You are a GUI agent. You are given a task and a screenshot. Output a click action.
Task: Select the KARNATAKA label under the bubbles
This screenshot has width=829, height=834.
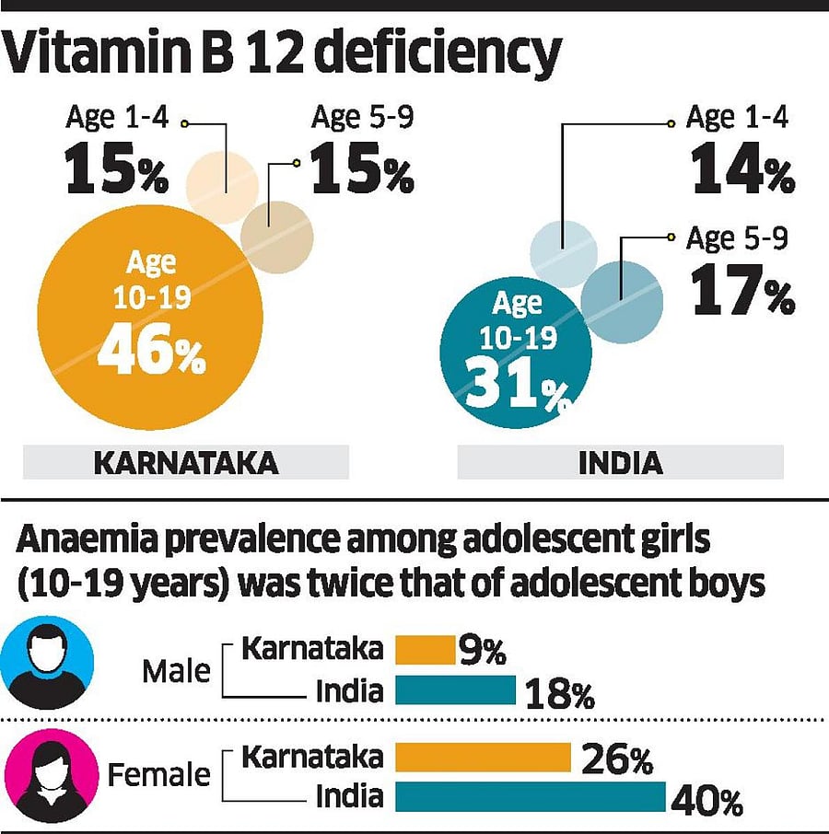coord(186,462)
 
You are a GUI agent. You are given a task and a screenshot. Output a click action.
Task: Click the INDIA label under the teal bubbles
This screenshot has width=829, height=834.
coord(620,462)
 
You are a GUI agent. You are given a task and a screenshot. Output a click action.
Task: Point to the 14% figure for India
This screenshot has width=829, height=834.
coord(741,173)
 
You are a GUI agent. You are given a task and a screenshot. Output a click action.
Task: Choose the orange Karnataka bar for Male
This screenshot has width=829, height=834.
coord(425,650)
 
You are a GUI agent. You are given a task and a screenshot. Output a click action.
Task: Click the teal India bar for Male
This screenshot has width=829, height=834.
coord(455,689)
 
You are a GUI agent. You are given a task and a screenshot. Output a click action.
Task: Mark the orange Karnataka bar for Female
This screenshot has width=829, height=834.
coord(484,758)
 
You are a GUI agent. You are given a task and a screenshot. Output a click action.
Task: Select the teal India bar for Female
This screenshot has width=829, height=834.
coord(531,797)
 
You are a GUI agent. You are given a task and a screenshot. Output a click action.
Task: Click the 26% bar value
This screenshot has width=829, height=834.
coord(617,760)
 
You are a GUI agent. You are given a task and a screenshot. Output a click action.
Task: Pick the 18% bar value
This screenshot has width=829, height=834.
coord(558,694)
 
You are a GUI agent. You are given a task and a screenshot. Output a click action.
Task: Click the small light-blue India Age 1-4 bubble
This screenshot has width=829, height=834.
coord(564,254)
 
